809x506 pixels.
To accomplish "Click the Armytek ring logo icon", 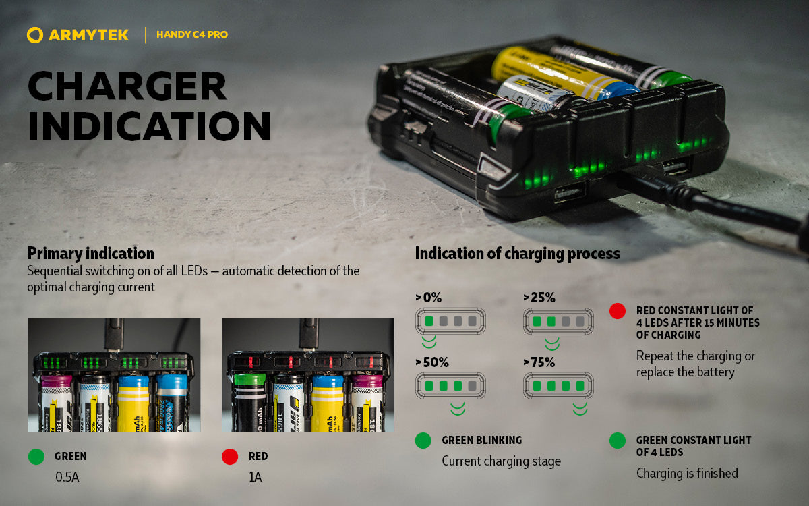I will pyautogui.click(x=36, y=35).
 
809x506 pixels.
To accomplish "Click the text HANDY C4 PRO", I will pyautogui.click(x=192, y=35).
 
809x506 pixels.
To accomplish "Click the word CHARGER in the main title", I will pyautogui.click(x=127, y=86).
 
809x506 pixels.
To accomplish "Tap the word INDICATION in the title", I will pyautogui.click(x=149, y=125).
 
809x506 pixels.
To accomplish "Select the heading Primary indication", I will pyautogui.click(x=90, y=254).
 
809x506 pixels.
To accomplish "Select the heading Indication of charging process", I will pyautogui.click(x=517, y=254).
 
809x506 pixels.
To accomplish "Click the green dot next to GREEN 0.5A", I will pyautogui.click(x=36, y=457).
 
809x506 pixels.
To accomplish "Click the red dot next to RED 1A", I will pyautogui.click(x=230, y=457).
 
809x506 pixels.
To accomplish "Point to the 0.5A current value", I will pyautogui.click(x=67, y=478).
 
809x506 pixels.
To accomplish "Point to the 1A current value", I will pyautogui.click(x=255, y=478).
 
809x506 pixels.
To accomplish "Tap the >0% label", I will pyautogui.click(x=429, y=298).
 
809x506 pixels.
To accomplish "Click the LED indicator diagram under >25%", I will pyautogui.click(x=558, y=321).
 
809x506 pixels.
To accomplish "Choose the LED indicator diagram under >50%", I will pyautogui.click(x=450, y=387).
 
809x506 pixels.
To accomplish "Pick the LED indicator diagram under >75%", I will pyautogui.click(x=558, y=387).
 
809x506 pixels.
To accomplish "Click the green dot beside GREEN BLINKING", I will pyautogui.click(x=423, y=441).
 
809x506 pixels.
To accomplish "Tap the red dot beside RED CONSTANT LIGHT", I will pyautogui.click(x=617, y=311).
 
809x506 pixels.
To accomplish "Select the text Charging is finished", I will pyautogui.click(x=687, y=473).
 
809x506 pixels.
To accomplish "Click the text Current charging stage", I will pyautogui.click(x=501, y=461).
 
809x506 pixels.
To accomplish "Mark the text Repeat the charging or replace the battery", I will pyautogui.click(x=696, y=364).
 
